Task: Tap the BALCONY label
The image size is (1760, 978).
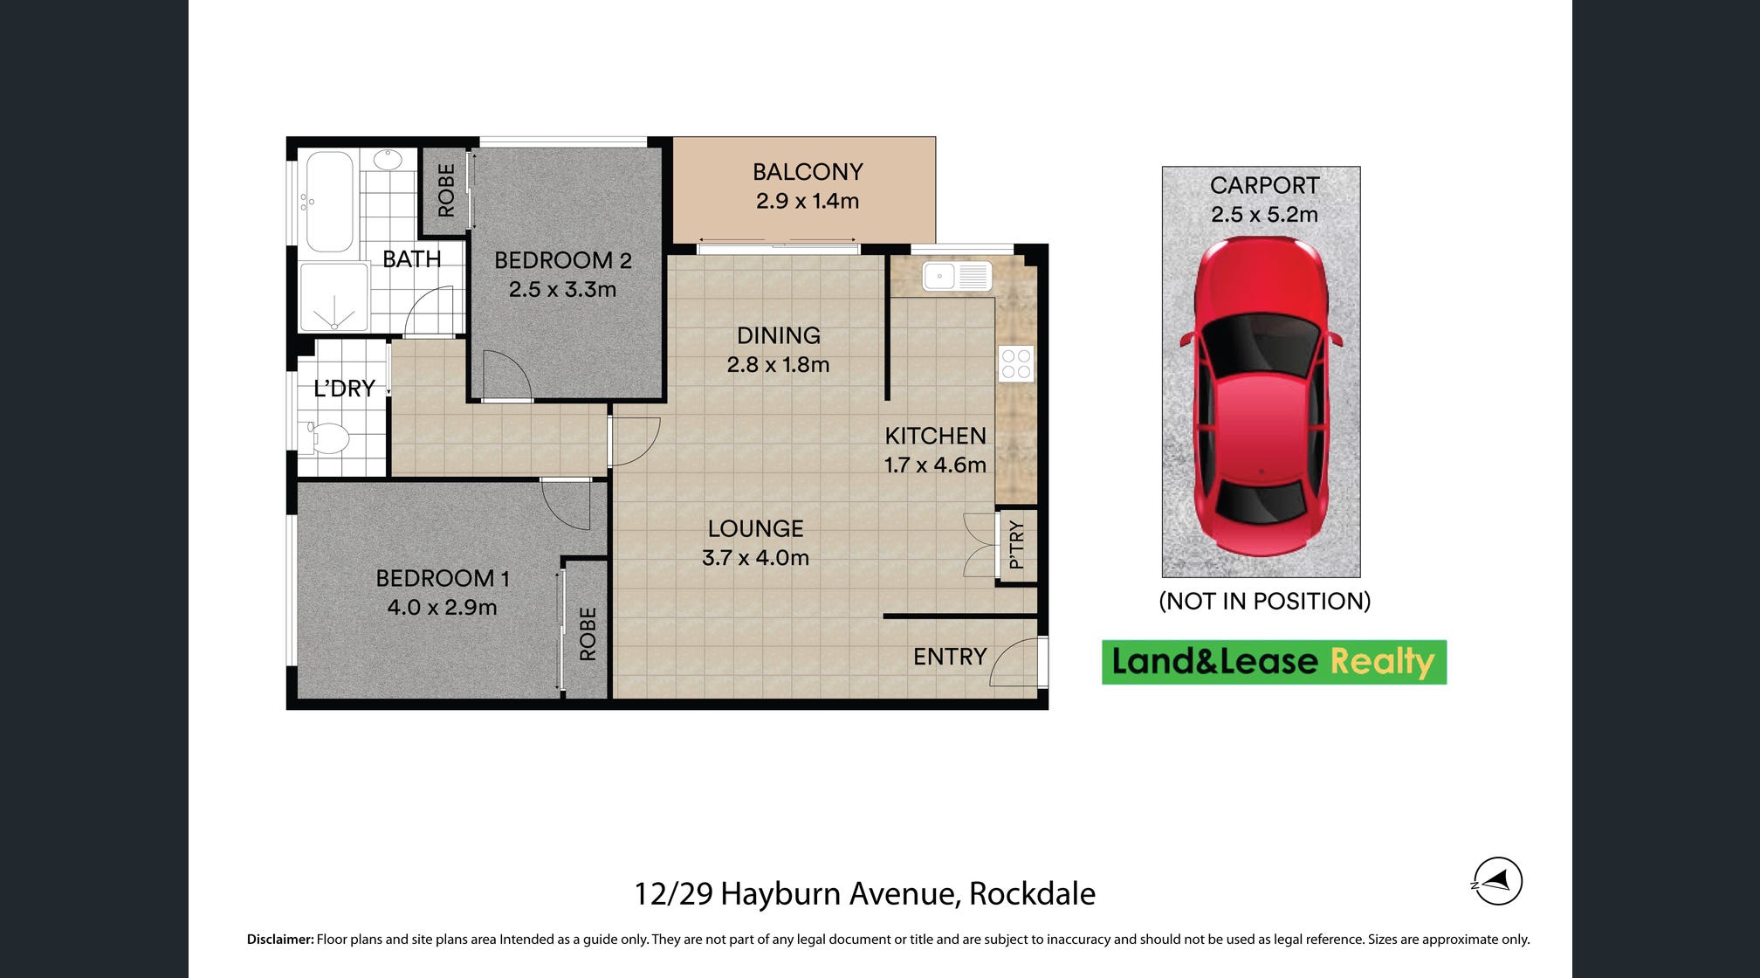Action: click(x=808, y=172)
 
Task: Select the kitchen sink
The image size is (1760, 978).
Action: click(x=957, y=276)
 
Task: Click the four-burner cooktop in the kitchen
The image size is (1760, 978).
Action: click(x=1016, y=364)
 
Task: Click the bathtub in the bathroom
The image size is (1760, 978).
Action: click(x=329, y=202)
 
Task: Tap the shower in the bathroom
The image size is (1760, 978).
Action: click(x=333, y=298)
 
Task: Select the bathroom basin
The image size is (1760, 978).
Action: click(x=388, y=159)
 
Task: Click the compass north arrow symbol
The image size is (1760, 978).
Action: click(x=1497, y=881)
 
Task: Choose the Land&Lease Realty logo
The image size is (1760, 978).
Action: click(x=1274, y=662)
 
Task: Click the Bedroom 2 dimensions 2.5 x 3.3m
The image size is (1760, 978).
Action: click(x=562, y=289)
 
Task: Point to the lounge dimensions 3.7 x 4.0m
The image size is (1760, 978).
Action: click(x=755, y=557)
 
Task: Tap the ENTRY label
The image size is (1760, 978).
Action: click(x=950, y=657)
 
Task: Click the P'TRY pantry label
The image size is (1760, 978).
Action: click(x=1016, y=545)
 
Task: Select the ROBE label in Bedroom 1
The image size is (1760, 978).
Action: click(x=588, y=634)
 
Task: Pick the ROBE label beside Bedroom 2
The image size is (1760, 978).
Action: click(x=446, y=190)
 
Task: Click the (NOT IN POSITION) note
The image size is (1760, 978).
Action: click(x=1264, y=601)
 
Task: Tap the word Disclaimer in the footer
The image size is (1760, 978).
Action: click(x=280, y=940)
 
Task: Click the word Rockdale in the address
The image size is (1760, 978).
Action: click(x=1032, y=893)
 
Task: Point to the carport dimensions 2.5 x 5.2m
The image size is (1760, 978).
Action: click(x=1264, y=214)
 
